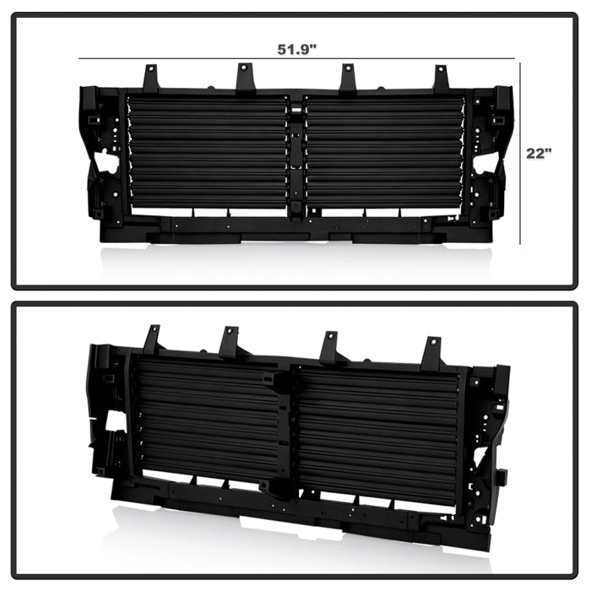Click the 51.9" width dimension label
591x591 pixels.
pyautogui.click(x=296, y=49)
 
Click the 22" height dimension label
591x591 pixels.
pyautogui.click(x=539, y=154)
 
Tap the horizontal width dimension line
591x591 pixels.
pyautogui.click(x=296, y=59)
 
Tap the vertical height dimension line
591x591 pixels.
pyautogui.click(x=521, y=154)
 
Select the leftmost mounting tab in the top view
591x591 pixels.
pyautogui.click(x=150, y=79)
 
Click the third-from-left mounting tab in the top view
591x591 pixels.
pyautogui.click(x=347, y=79)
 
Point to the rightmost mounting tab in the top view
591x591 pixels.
pyautogui.click(x=442, y=78)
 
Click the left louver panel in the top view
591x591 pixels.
pyautogui.click(x=207, y=152)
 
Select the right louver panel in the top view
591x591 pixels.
pyautogui.click(x=385, y=152)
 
